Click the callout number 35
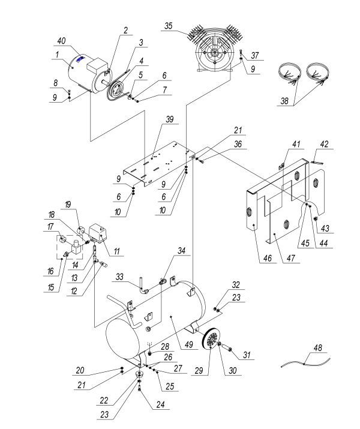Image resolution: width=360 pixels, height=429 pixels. [169, 26]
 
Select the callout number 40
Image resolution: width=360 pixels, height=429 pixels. [61, 41]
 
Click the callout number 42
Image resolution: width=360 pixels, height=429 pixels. [325, 145]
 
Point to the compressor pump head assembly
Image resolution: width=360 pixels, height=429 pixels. [211, 50]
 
